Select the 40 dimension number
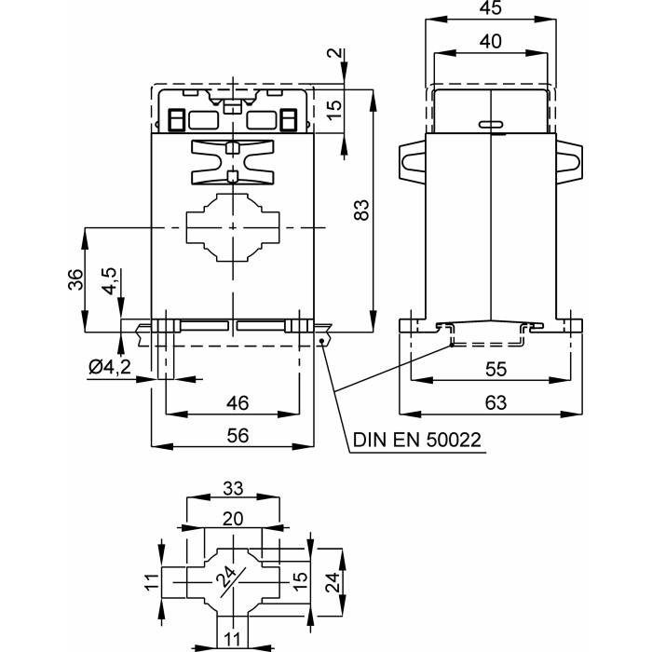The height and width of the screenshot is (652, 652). pos(491,41)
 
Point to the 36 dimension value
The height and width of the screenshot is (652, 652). pos(75,278)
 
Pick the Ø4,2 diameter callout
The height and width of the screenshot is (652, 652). pos(109,368)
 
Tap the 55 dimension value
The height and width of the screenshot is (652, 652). pos(496,369)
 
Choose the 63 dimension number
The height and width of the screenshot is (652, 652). pos(496,402)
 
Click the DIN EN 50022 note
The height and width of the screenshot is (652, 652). pos(416,440)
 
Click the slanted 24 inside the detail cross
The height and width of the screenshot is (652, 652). pos(227,581)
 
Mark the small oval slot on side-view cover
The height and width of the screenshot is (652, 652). pos(489,124)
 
